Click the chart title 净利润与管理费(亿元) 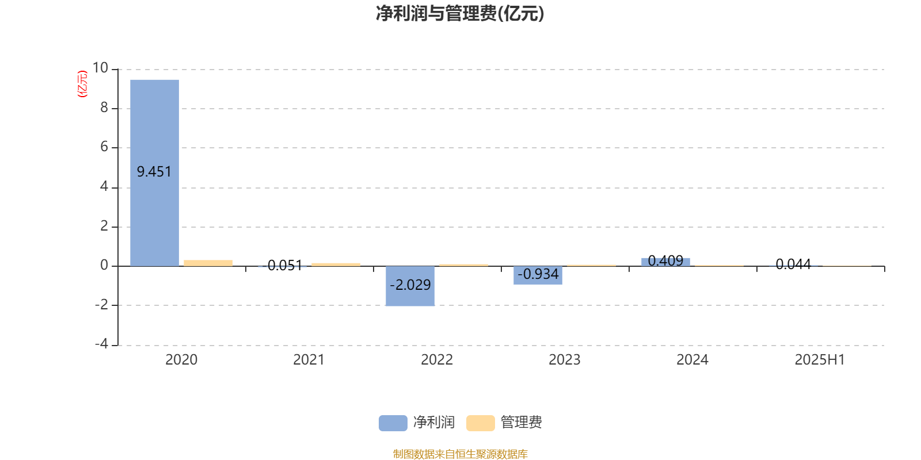point(460,14)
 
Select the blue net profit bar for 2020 point(155,173)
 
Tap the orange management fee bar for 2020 point(208,263)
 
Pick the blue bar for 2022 point(410,286)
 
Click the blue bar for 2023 point(538,275)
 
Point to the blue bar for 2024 point(665,262)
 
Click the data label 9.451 point(154,172)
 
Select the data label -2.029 point(410,285)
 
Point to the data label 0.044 point(793,264)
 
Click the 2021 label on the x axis point(309,360)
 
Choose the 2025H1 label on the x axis point(820,360)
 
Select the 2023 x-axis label point(565,360)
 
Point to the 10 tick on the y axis point(100,68)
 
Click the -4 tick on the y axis point(101,344)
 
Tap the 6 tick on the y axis point(104,147)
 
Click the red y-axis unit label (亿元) point(82,84)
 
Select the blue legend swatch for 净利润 point(393,423)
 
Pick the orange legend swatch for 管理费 point(480,423)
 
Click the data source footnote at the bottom point(460,454)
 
